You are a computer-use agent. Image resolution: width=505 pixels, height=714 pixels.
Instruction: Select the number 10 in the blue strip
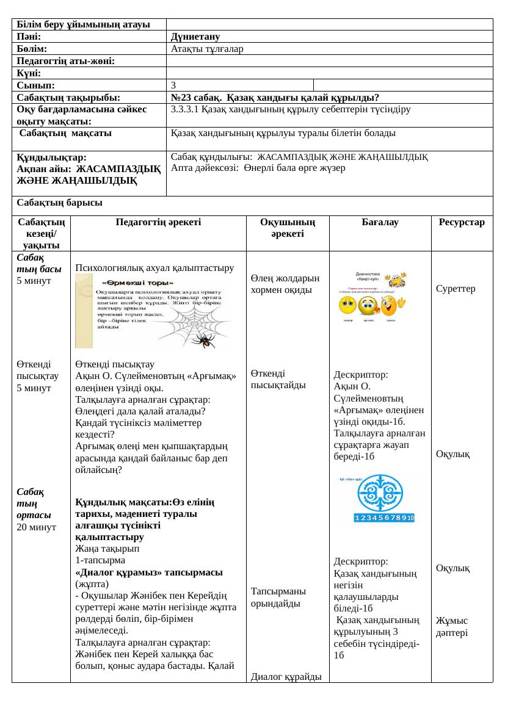coord(411,518)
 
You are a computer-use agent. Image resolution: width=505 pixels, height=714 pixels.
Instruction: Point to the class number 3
coord(174,85)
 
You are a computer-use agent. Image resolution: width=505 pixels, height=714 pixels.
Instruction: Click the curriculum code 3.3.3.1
coord(186,109)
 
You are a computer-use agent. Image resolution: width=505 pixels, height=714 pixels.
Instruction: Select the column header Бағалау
coord(380,223)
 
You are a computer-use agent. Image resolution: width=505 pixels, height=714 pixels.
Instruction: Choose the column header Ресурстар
coord(462,223)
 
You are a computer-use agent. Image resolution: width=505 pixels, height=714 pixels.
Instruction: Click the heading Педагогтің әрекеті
coord(158,223)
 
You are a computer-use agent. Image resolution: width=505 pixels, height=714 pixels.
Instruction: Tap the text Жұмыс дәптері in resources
coord(452,627)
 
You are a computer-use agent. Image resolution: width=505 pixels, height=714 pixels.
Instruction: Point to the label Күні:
coord(29,73)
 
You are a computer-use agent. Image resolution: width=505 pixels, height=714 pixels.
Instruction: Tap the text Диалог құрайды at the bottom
coord(286,676)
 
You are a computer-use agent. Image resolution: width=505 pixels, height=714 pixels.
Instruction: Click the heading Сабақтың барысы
coord(59,203)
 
